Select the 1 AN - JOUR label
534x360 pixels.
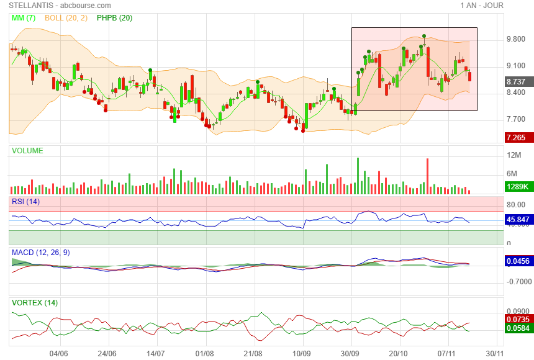tap(482, 6)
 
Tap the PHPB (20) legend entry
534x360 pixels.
tap(114, 18)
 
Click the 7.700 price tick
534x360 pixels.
tap(516, 119)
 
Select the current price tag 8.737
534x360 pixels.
tap(517, 81)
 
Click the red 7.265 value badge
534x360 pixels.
tap(517, 138)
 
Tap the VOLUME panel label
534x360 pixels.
tap(27, 151)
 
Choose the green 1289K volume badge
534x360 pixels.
tap(517, 186)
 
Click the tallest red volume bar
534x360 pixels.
tap(428, 176)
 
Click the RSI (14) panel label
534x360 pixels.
tap(25, 202)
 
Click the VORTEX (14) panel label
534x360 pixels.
tap(35, 303)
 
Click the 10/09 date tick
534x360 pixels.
tap(302, 353)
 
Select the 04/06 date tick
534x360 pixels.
tap(58, 353)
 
